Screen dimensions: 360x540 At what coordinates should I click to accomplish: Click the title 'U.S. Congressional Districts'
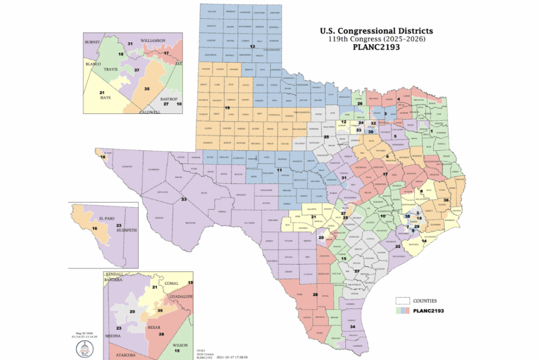377,31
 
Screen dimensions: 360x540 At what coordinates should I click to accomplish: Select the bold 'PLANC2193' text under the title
377,47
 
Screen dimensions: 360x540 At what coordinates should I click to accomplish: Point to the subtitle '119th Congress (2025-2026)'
377,39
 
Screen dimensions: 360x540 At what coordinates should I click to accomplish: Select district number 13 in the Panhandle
252,47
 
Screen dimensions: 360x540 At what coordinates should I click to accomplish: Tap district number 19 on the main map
228,108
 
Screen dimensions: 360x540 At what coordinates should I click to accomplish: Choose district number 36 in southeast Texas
446,200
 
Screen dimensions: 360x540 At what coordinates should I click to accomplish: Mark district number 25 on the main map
326,137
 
